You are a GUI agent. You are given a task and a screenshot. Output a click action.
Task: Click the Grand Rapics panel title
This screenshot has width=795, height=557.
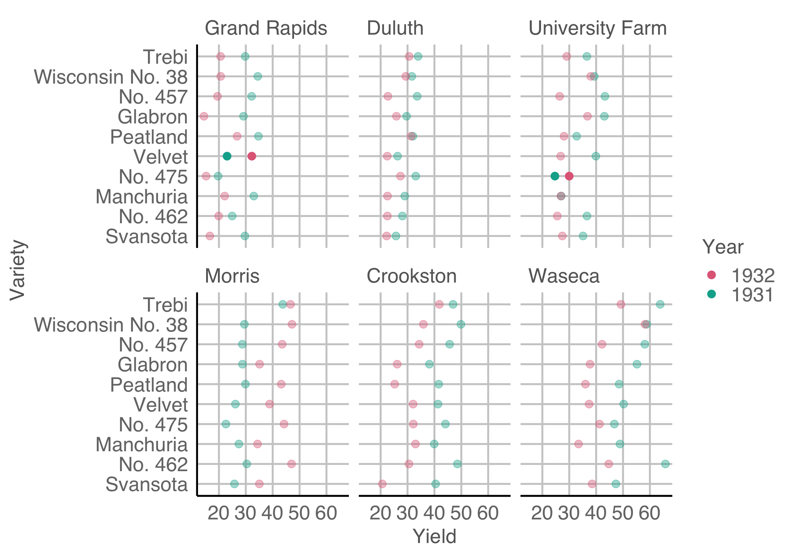pyautogui.click(x=265, y=28)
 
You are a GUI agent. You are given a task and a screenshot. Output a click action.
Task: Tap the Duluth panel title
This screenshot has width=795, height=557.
pyautogui.click(x=395, y=28)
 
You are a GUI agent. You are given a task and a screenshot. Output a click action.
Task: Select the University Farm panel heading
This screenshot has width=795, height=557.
pyautogui.click(x=597, y=28)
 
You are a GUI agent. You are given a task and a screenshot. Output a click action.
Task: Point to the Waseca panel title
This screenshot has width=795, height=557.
pyautogui.click(x=564, y=276)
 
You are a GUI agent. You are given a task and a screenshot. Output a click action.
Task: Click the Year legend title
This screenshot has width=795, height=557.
pyautogui.click(x=723, y=247)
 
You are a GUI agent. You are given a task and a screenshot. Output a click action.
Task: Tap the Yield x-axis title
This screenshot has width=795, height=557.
pyautogui.click(x=434, y=536)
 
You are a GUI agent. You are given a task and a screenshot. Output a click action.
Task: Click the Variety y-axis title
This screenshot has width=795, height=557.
pyautogui.click(x=17, y=270)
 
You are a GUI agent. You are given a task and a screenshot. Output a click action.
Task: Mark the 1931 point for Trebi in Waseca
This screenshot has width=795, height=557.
pyautogui.click(x=660, y=304)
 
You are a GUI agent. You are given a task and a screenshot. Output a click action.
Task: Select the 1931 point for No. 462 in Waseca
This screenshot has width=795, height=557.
pyautogui.click(x=665, y=464)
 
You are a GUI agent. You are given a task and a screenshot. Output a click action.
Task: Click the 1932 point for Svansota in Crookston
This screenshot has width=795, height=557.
pyautogui.click(x=382, y=484)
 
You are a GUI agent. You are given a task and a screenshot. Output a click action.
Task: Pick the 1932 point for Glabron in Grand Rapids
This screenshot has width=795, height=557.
pyautogui.click(x=204, y=116)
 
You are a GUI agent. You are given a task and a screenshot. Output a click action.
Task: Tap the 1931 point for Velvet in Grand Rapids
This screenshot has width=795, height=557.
pyautogui.click(x=227, y=156)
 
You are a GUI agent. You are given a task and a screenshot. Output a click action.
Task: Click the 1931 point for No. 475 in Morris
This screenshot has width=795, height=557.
pyautogui.click(x=226, y=424)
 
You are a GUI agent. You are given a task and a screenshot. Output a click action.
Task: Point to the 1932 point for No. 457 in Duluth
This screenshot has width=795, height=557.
pyautogui.click(x=388, y=97)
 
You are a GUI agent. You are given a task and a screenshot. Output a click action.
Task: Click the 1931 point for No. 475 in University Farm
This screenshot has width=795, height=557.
pyautogui.click(x=555, y=176)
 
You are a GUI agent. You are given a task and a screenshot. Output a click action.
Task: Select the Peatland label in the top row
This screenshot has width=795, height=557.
pyautogui.click(x=149, y=137)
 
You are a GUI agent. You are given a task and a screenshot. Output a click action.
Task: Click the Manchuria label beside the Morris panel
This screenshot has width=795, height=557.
pyautogui.click(x=142, y=445)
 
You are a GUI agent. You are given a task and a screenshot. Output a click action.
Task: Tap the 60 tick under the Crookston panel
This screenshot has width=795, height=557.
pyautogui.click(x=488, y=513)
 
